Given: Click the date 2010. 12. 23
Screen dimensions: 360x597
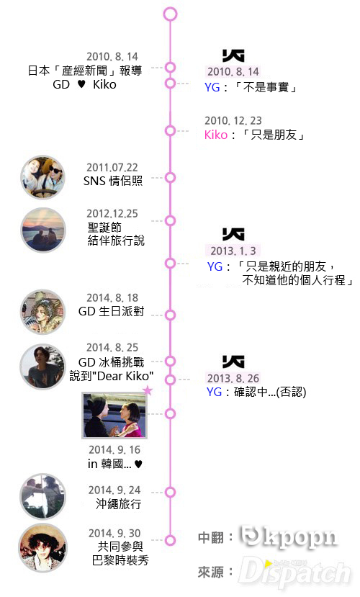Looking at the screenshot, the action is pos(233,121).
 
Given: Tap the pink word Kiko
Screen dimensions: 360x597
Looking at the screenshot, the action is pos(216,135).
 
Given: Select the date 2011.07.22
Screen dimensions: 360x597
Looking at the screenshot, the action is pos(112,168).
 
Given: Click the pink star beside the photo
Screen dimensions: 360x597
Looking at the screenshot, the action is pos(148,390).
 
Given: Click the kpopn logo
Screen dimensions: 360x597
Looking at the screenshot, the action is pos(289,537).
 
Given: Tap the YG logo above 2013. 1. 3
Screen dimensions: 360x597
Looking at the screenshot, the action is pos(233,235).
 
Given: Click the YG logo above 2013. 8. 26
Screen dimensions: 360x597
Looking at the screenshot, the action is pos(233,362).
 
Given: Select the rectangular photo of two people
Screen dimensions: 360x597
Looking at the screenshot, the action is pos(114,416).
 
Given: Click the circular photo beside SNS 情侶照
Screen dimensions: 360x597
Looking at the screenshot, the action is pos(42,177).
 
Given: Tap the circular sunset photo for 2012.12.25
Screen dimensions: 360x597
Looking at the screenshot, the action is pos(43,230).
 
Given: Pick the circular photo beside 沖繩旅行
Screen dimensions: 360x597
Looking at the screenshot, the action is pos(42,496).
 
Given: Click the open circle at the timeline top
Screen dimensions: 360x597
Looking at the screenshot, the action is pos(170,14).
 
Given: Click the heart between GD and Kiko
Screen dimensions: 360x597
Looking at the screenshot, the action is pos(81,84).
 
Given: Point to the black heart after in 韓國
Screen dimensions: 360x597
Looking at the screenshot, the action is pos(138,464).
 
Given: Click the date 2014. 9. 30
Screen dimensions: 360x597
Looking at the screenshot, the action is pos(114,534).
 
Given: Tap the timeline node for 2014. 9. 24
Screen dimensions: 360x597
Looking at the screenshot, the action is pos(170,492).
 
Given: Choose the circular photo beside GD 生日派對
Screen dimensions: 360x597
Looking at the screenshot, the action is pos(42,313).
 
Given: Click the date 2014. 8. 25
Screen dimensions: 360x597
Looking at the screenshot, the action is pos(112,348).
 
